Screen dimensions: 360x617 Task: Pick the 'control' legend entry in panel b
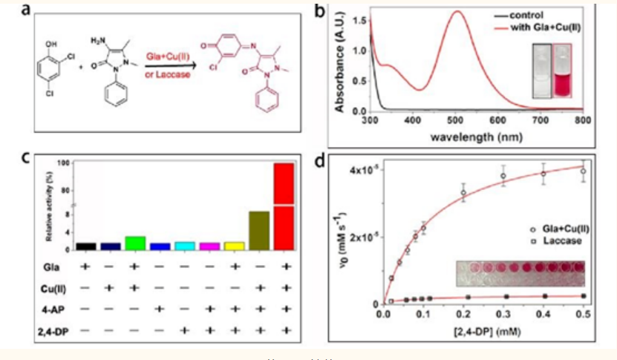click(526, 14)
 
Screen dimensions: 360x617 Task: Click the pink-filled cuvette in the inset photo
click(561, 71)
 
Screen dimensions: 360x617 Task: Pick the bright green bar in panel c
click(135, 243)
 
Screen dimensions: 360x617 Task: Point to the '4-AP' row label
click(53, 307)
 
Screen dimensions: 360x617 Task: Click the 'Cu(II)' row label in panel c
click(52, 287)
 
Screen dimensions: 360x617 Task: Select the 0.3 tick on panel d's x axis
click(503, 316)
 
